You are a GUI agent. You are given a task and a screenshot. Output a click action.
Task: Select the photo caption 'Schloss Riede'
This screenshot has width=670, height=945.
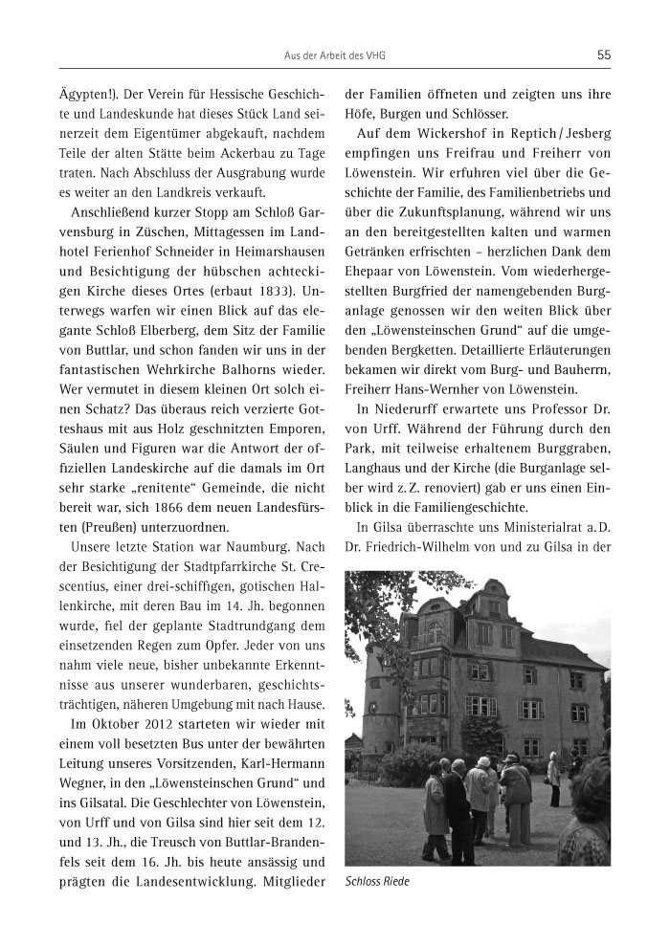[376, 881]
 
